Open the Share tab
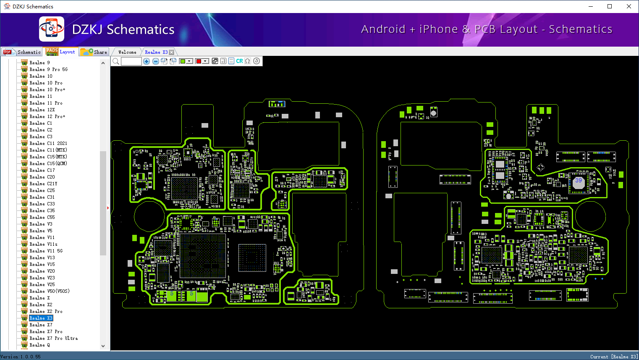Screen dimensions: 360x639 pos(95,52)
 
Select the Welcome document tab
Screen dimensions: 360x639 pos(127,52)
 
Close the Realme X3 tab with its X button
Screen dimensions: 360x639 pos(171,52)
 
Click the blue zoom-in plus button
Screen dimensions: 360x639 pos(147,61)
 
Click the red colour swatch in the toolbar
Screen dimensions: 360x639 pos(199,61)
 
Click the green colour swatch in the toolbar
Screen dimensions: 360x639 pos(183,61)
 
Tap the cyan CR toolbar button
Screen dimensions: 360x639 pos(239,61)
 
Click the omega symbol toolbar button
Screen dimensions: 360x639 pos(248,61)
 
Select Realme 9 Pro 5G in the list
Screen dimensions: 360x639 pos(48,69)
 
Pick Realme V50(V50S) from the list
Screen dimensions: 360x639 pos(49,291)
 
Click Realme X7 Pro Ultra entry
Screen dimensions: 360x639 pos(53,338)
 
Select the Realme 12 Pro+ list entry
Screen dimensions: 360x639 pos(47,116)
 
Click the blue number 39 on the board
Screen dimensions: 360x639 pos(579,180)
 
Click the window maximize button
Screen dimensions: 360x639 pos(610,6)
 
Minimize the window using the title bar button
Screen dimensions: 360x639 pos(590,6)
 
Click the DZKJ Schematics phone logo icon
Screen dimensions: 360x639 pos(52,29)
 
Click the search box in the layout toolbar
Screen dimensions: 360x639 pos(131,61)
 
